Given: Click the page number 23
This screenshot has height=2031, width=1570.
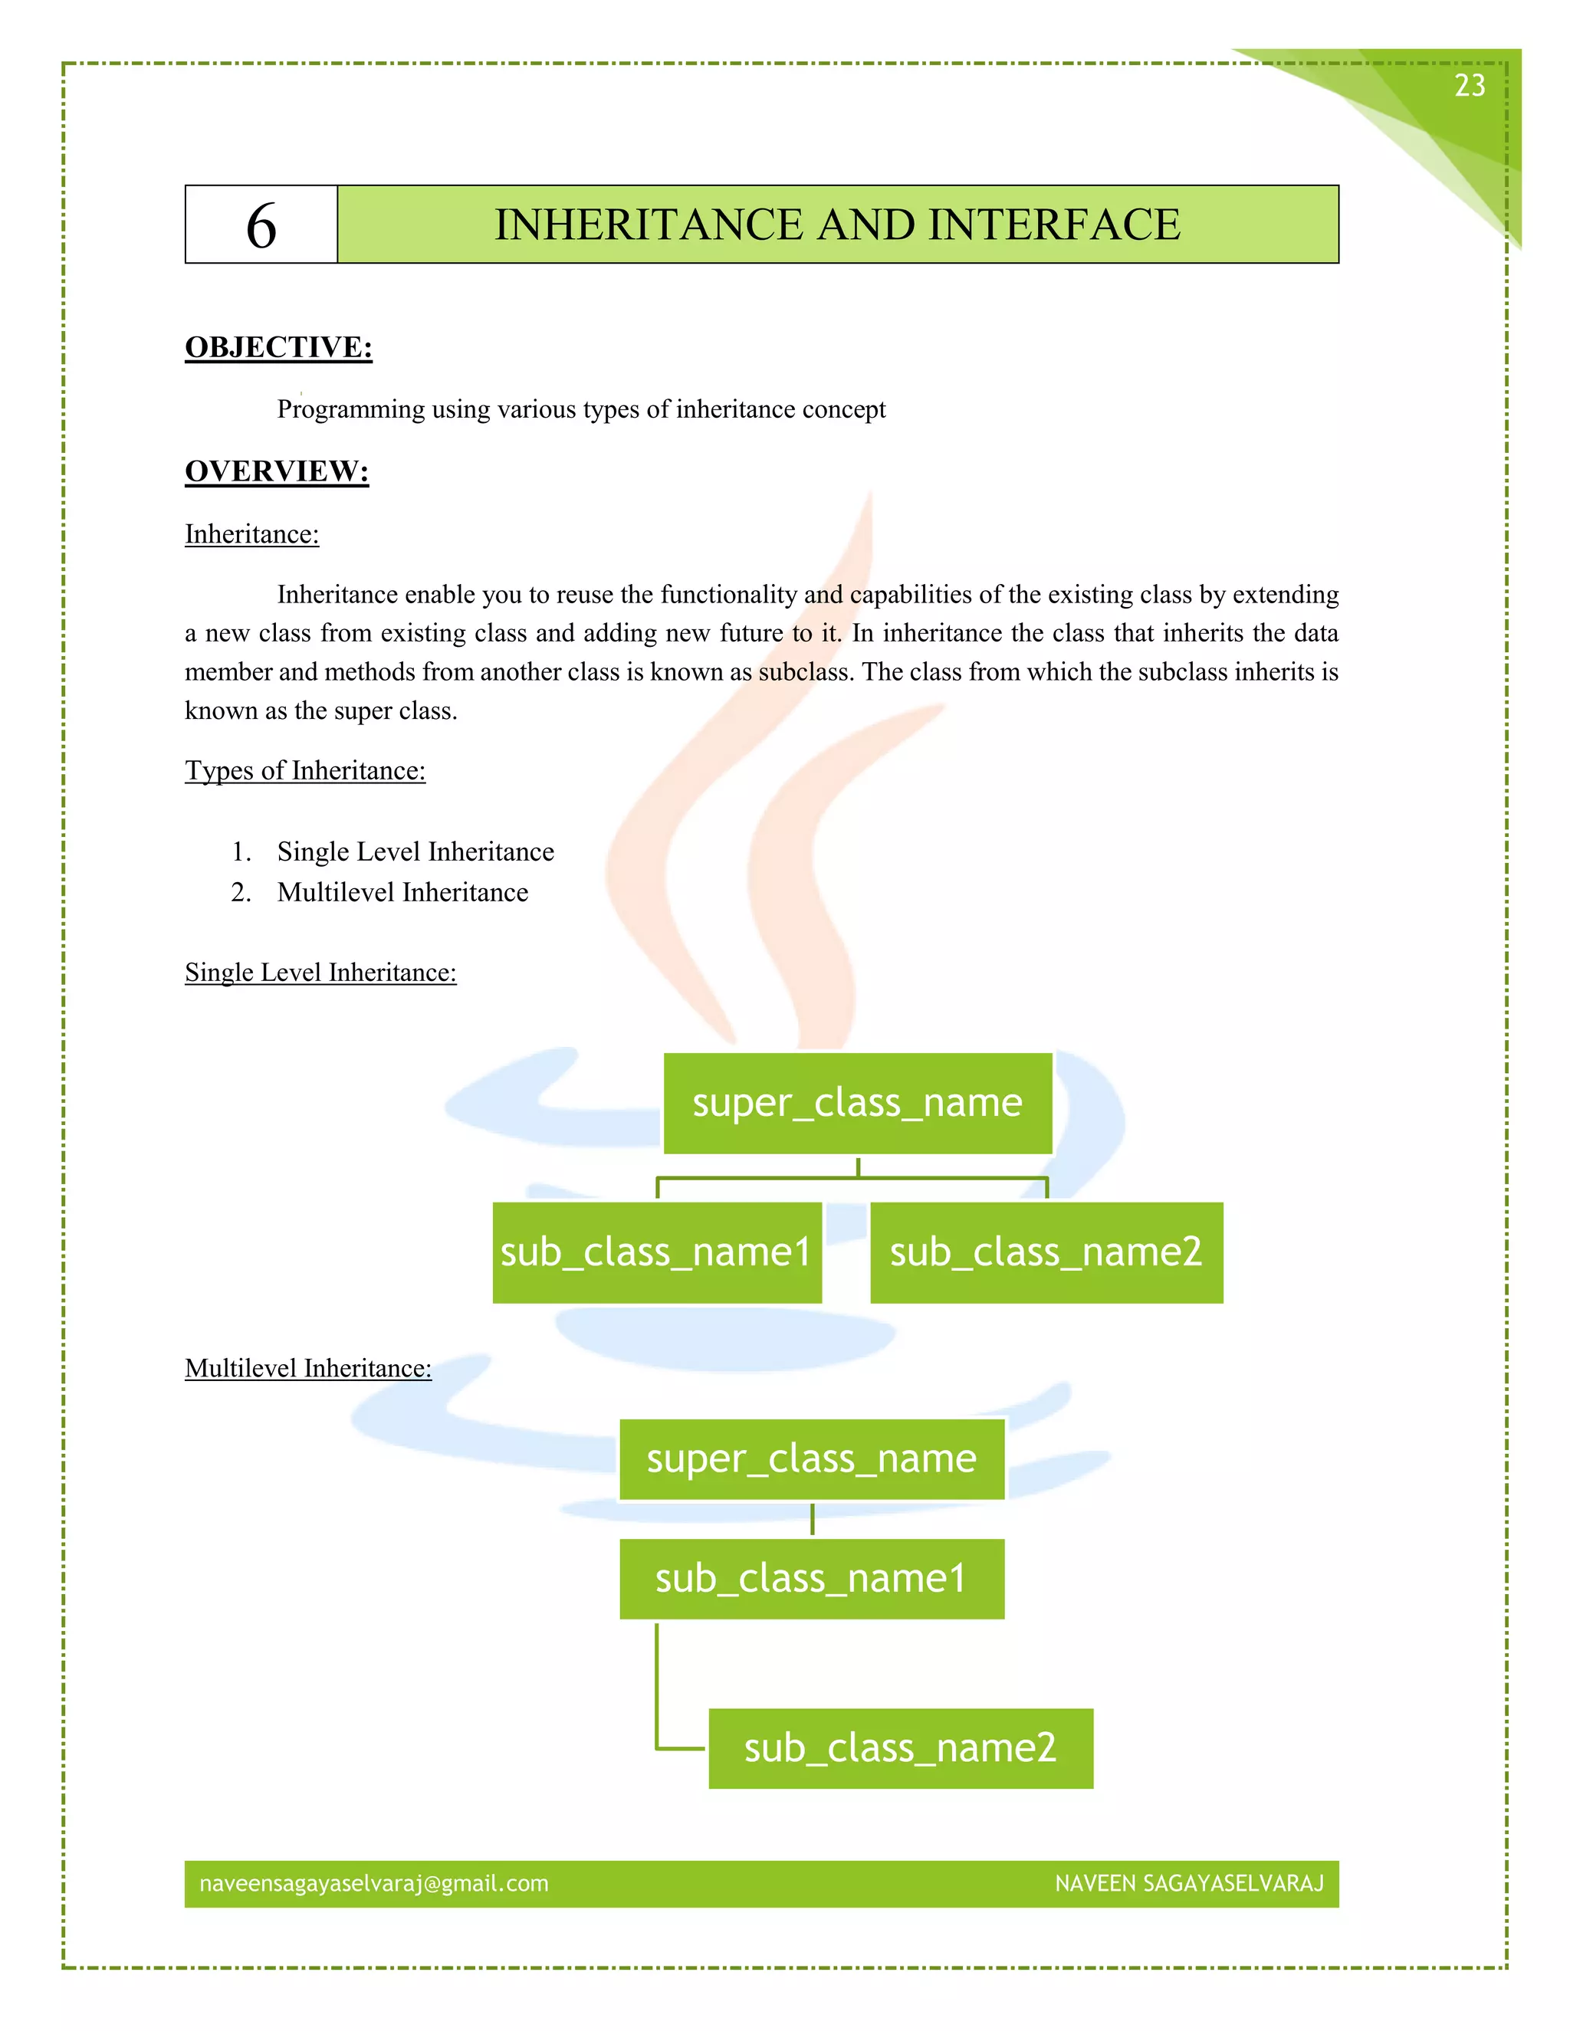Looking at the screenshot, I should click(x=1470, y=86).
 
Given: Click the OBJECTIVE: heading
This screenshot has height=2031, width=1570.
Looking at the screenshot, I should click(x=278, y=347).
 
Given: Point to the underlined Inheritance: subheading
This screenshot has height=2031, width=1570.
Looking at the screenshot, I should click(x=251, y=535).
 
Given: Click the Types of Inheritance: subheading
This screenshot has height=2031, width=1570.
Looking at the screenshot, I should click(x=305, y=771).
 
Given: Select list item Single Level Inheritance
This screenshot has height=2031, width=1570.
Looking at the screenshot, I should click(x=415, y=851).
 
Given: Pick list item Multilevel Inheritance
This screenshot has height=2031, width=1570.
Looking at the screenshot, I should click(x=402, y=893).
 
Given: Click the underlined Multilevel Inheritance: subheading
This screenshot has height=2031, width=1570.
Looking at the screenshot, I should click(x=308, y=1369).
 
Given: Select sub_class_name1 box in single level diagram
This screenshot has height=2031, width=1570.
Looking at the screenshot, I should click(x=657, y=1252).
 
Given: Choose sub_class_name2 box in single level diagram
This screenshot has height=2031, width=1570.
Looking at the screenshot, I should click(x=1046, y=1252).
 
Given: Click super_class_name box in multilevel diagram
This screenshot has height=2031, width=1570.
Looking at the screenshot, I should click(x=812, y=1459).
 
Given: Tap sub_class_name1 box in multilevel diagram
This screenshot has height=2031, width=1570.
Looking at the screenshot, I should click(x=812, y=1579).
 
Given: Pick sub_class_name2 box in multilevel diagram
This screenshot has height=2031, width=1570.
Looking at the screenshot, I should click(x=900, y=1748).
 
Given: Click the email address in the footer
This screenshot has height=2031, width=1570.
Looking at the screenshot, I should click(x=374, y=1884).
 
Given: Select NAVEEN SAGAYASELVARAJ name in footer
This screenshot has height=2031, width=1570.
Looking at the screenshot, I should click(x=1189, y=1884).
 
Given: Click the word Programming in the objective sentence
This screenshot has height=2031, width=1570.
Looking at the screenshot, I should click(x=350, y=410).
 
